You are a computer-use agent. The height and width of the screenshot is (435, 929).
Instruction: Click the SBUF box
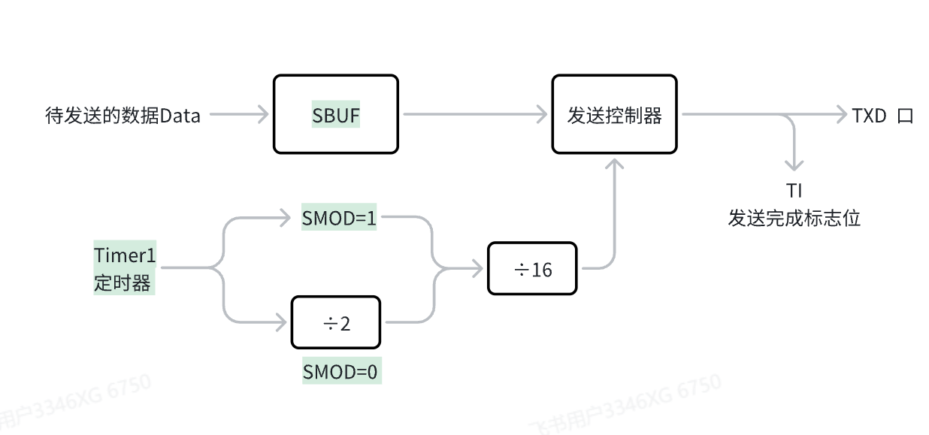pos(335,114)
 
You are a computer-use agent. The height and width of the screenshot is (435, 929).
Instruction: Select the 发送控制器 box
pos(614,114)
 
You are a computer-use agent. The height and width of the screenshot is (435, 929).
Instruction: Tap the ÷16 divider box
pos(532,268)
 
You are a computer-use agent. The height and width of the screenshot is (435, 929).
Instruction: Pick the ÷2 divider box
pos(335,322)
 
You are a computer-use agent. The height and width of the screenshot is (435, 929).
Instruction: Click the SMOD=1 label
pos(339,219)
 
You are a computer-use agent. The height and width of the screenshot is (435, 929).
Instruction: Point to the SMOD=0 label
pos(341,372)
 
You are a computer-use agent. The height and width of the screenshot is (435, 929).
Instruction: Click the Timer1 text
pos(125,255)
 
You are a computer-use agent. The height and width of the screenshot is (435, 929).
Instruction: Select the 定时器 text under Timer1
pos(122,282)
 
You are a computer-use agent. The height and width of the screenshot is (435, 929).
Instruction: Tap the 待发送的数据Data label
pos(123,116)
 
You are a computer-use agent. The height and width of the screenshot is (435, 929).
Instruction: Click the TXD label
pos(870,116)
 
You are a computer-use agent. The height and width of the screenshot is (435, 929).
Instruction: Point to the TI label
pos(794,191)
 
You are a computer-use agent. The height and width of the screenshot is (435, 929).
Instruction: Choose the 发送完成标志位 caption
pos(794,219)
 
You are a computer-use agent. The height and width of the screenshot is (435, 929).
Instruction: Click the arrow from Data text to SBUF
pos(238,115)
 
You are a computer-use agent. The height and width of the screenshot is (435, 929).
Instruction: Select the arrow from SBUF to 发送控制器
pos(475,115)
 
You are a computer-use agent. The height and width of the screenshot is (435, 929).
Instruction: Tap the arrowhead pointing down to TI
pos(794,165)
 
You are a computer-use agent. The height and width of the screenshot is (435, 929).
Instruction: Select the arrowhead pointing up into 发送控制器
pos(615,164)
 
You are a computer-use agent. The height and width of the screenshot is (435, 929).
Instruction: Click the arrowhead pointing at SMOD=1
pos(283,219)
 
